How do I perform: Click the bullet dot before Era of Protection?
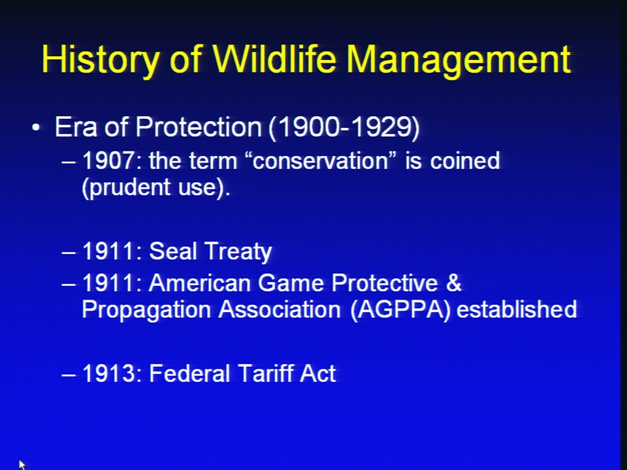click(x=36, y=127)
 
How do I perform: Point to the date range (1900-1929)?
click(x=344, y=128)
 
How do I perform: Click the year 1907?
click(x=108, y=161)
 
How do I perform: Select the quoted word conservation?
click(x=321, y=161)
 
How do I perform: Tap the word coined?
click(x=465, y=161)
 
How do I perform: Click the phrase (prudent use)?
click(x=156, y=187)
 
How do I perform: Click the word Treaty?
click(x=238, y=252)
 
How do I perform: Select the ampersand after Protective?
click(x=453, y=283)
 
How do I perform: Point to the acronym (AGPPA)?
click(x=400, y=309)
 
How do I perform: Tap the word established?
click(x=517, y=309)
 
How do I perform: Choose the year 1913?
click(x=108, y=373)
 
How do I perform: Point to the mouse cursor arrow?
click(x=22, y=464)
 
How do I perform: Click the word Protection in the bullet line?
click(x=199, y=127)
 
